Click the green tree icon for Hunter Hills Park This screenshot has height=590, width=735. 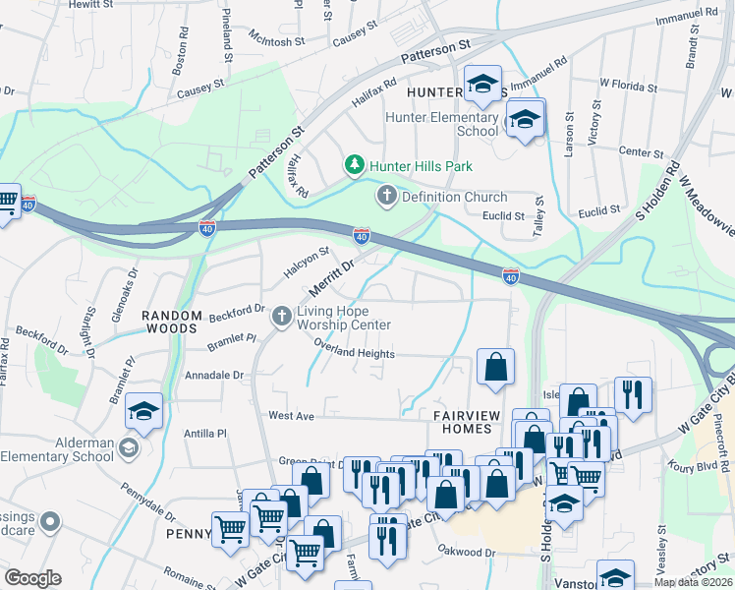point(354,166)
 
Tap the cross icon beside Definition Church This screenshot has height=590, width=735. point(386,197)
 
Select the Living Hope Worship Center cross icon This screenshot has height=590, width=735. point(282,315)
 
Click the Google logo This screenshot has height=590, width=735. point(32,578)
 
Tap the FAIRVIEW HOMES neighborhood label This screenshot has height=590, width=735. point(462,423)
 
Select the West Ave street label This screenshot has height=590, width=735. point(291,417)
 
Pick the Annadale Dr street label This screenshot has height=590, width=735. point(213,376)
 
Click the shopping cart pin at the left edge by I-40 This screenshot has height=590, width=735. point(7,204)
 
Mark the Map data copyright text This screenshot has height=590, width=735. point(693,582)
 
